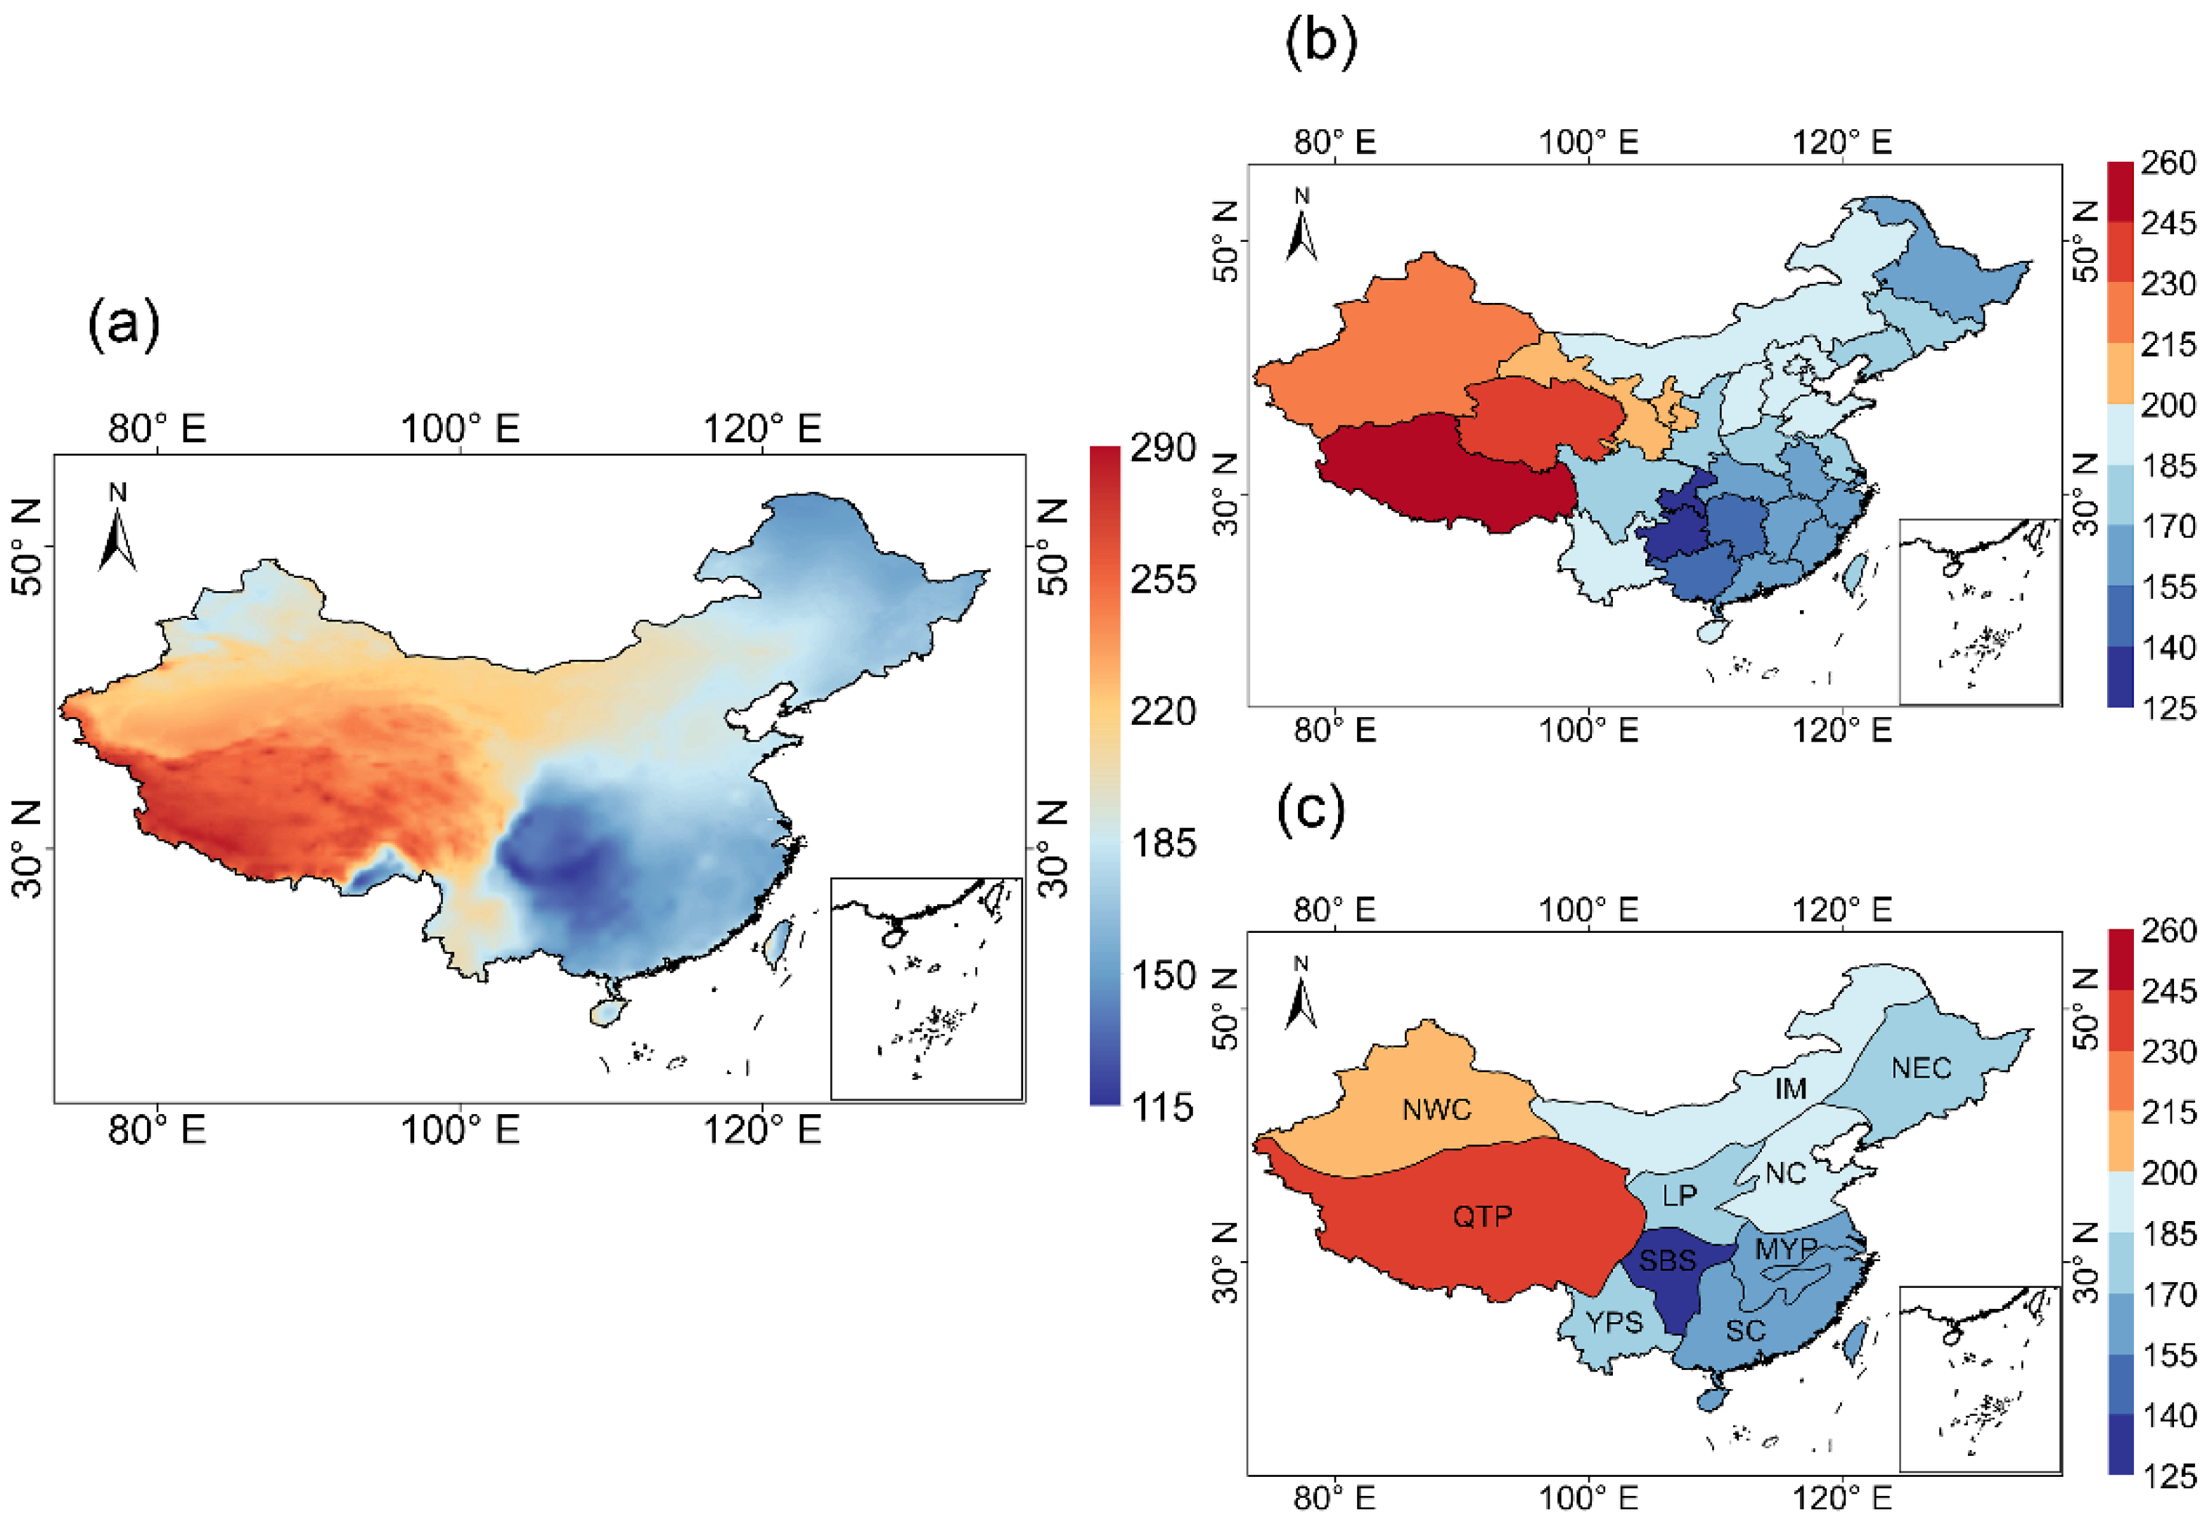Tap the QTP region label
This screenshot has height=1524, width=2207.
[x=1482, y=1217]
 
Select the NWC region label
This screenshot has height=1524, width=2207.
[x=1436, y=1109]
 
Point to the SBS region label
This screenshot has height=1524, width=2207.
[x=1668, y=1261]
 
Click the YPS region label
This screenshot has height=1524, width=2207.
[x=1614, y=1322]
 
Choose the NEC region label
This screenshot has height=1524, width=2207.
[x=1921, y=1068]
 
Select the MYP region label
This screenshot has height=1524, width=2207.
[x=1786, y=1248]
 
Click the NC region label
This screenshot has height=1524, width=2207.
[x=1785, y=1173]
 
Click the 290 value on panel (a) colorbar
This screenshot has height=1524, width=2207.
[x=1162, y=448]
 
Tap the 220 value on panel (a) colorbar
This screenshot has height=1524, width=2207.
[x=1162, y=711]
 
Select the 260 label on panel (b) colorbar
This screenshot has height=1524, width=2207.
[x=2168, y=163]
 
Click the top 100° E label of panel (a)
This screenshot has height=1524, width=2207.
[x=459, y=429]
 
